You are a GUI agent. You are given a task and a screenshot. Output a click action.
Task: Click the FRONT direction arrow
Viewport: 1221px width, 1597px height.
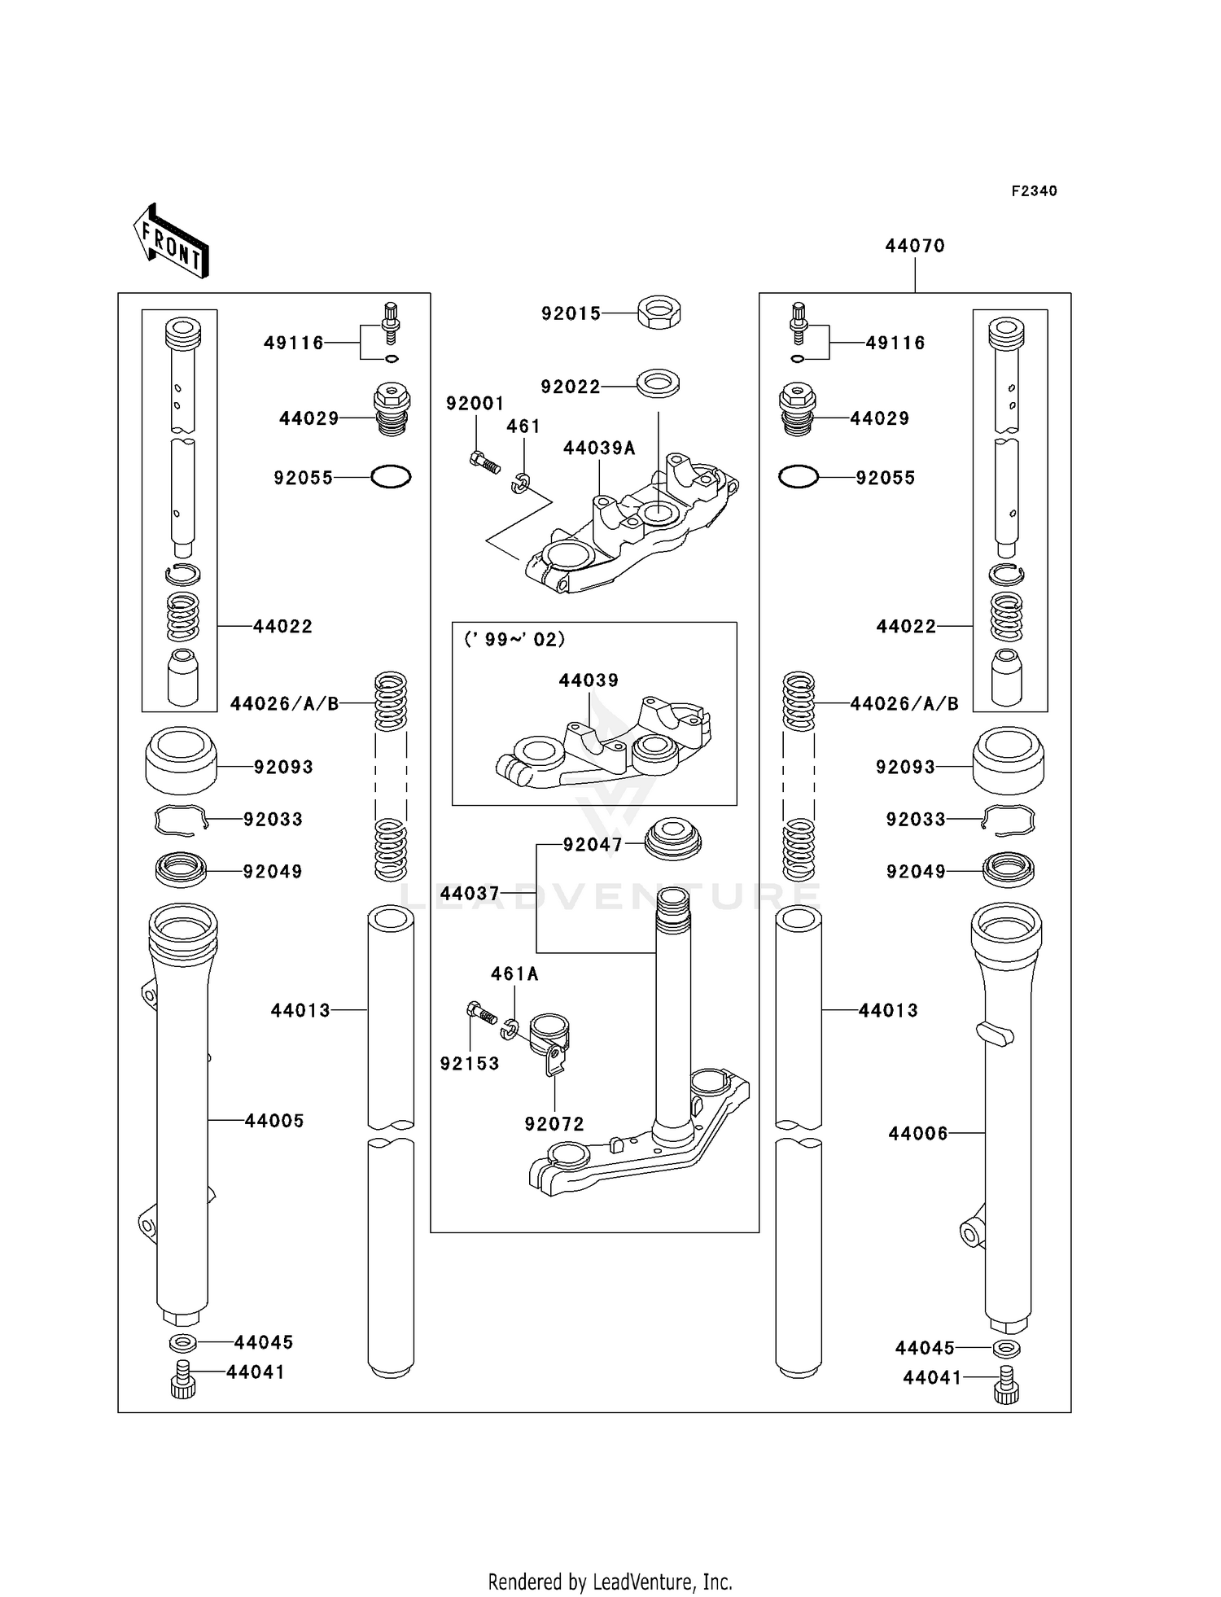(172, 242)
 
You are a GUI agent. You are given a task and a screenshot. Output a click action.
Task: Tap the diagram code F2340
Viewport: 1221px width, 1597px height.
(1034, 191)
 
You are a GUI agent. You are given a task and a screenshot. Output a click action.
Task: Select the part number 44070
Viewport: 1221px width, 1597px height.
(915, 246)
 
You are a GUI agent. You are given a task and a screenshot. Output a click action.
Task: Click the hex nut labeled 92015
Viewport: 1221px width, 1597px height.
(659, 313)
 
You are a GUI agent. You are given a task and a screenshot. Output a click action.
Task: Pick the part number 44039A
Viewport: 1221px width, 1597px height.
(599, 448)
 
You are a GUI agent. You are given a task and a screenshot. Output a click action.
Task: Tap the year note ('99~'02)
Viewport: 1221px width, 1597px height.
(514, 640)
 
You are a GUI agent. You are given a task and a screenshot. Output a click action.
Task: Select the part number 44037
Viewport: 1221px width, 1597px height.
(470, 894)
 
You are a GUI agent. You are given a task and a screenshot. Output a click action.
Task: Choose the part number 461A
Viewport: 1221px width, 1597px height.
(514, 974)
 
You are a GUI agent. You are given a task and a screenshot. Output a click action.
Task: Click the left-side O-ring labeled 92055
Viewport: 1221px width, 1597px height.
(391, 477)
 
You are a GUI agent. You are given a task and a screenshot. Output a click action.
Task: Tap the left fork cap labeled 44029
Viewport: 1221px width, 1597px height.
(392, 412)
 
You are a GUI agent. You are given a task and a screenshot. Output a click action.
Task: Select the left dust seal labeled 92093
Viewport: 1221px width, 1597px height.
(181, 761)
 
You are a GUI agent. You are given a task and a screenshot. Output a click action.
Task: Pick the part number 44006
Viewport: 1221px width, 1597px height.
(918, 1134)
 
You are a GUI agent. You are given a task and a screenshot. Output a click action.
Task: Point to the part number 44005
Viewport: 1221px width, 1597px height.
(274, 1121)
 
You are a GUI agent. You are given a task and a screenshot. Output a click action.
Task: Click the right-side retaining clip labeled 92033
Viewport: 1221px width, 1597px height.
(1009, 820)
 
